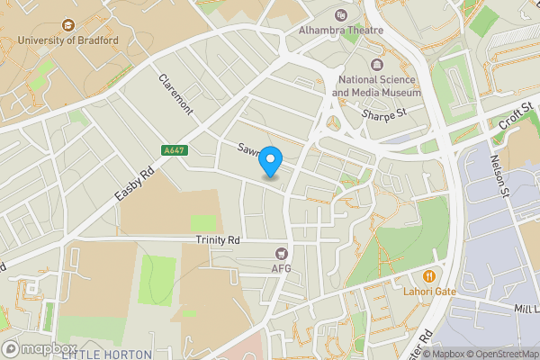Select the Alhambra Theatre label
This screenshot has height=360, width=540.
pos(341,30)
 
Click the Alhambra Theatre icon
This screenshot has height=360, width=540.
pos(340,14)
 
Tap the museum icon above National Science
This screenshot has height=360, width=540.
pos(376,65)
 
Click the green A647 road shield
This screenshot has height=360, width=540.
pos(175,150)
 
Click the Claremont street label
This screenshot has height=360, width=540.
pos(176,94)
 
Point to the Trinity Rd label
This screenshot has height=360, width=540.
pos(218,241)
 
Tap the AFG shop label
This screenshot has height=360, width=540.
pos(283,268)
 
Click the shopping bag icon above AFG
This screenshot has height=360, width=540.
pos(283,254)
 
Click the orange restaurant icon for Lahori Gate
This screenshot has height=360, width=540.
pos(429,275)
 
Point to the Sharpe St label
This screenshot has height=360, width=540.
pos(385,114)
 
